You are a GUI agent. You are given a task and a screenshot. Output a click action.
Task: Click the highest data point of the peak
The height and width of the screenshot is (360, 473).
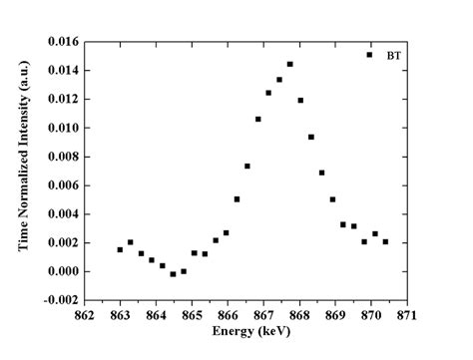point(289,64)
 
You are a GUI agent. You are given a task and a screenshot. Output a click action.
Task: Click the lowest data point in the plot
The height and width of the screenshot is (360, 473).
point(173,273)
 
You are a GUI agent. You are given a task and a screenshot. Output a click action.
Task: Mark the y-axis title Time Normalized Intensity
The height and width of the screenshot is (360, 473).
point(22,170)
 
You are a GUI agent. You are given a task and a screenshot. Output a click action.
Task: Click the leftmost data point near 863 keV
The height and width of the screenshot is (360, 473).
point(120,249)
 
